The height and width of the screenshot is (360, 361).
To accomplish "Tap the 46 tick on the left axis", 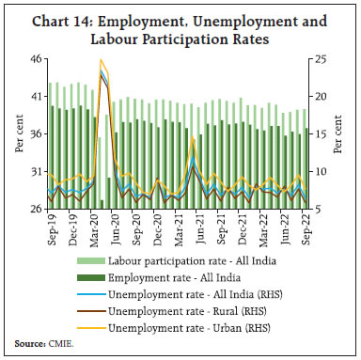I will coord(35,58).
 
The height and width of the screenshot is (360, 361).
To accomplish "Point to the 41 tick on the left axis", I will coord(35,96).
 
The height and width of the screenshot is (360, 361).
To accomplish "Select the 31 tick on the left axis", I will coord(35,171).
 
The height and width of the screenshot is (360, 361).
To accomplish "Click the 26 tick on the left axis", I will coord(35,209).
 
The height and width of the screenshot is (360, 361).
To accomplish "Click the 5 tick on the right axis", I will coord(322,209).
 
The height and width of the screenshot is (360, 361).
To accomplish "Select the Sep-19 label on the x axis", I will coord(52,230).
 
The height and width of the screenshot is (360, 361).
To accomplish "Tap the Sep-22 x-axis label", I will coord(302,230).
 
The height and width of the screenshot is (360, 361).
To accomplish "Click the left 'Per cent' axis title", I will coord(14,133).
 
